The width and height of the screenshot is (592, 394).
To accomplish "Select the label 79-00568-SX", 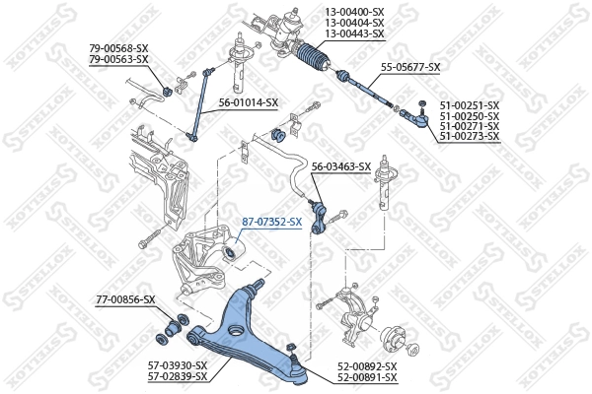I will (x=118, y=47).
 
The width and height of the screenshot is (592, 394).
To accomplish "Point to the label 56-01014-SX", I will (x=249, y=102).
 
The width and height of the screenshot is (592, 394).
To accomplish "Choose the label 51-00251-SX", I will (x=470, y=104).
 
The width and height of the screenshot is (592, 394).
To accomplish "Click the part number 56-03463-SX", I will (x=341, y=166).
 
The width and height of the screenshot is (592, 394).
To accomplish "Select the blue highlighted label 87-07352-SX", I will (x=272, y=222).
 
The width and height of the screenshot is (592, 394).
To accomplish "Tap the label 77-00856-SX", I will (x=125, y=298).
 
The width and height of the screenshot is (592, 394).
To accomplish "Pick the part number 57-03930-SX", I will (x=178, y=365).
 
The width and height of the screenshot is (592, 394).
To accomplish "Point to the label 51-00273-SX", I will (x=470, y=136).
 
